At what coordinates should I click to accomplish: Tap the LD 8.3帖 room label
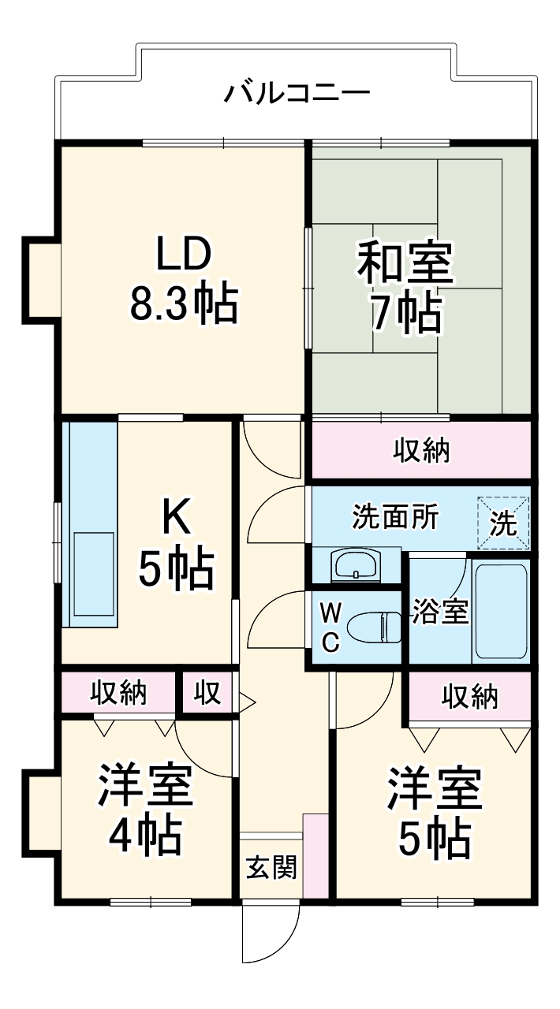tap(183, 279)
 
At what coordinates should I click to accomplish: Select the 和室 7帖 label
tap(405, 289)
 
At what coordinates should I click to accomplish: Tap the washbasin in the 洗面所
tap(356, 565)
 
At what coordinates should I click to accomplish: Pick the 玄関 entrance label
tap(271, 868)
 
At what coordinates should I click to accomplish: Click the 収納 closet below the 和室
tap(421, 450)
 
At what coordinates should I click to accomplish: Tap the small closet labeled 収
tap(207, 693)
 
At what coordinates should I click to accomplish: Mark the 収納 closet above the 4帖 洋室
tap(118, 693)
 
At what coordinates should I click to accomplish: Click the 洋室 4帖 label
tap(145, 811)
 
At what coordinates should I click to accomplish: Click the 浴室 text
tap(439, 612)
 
